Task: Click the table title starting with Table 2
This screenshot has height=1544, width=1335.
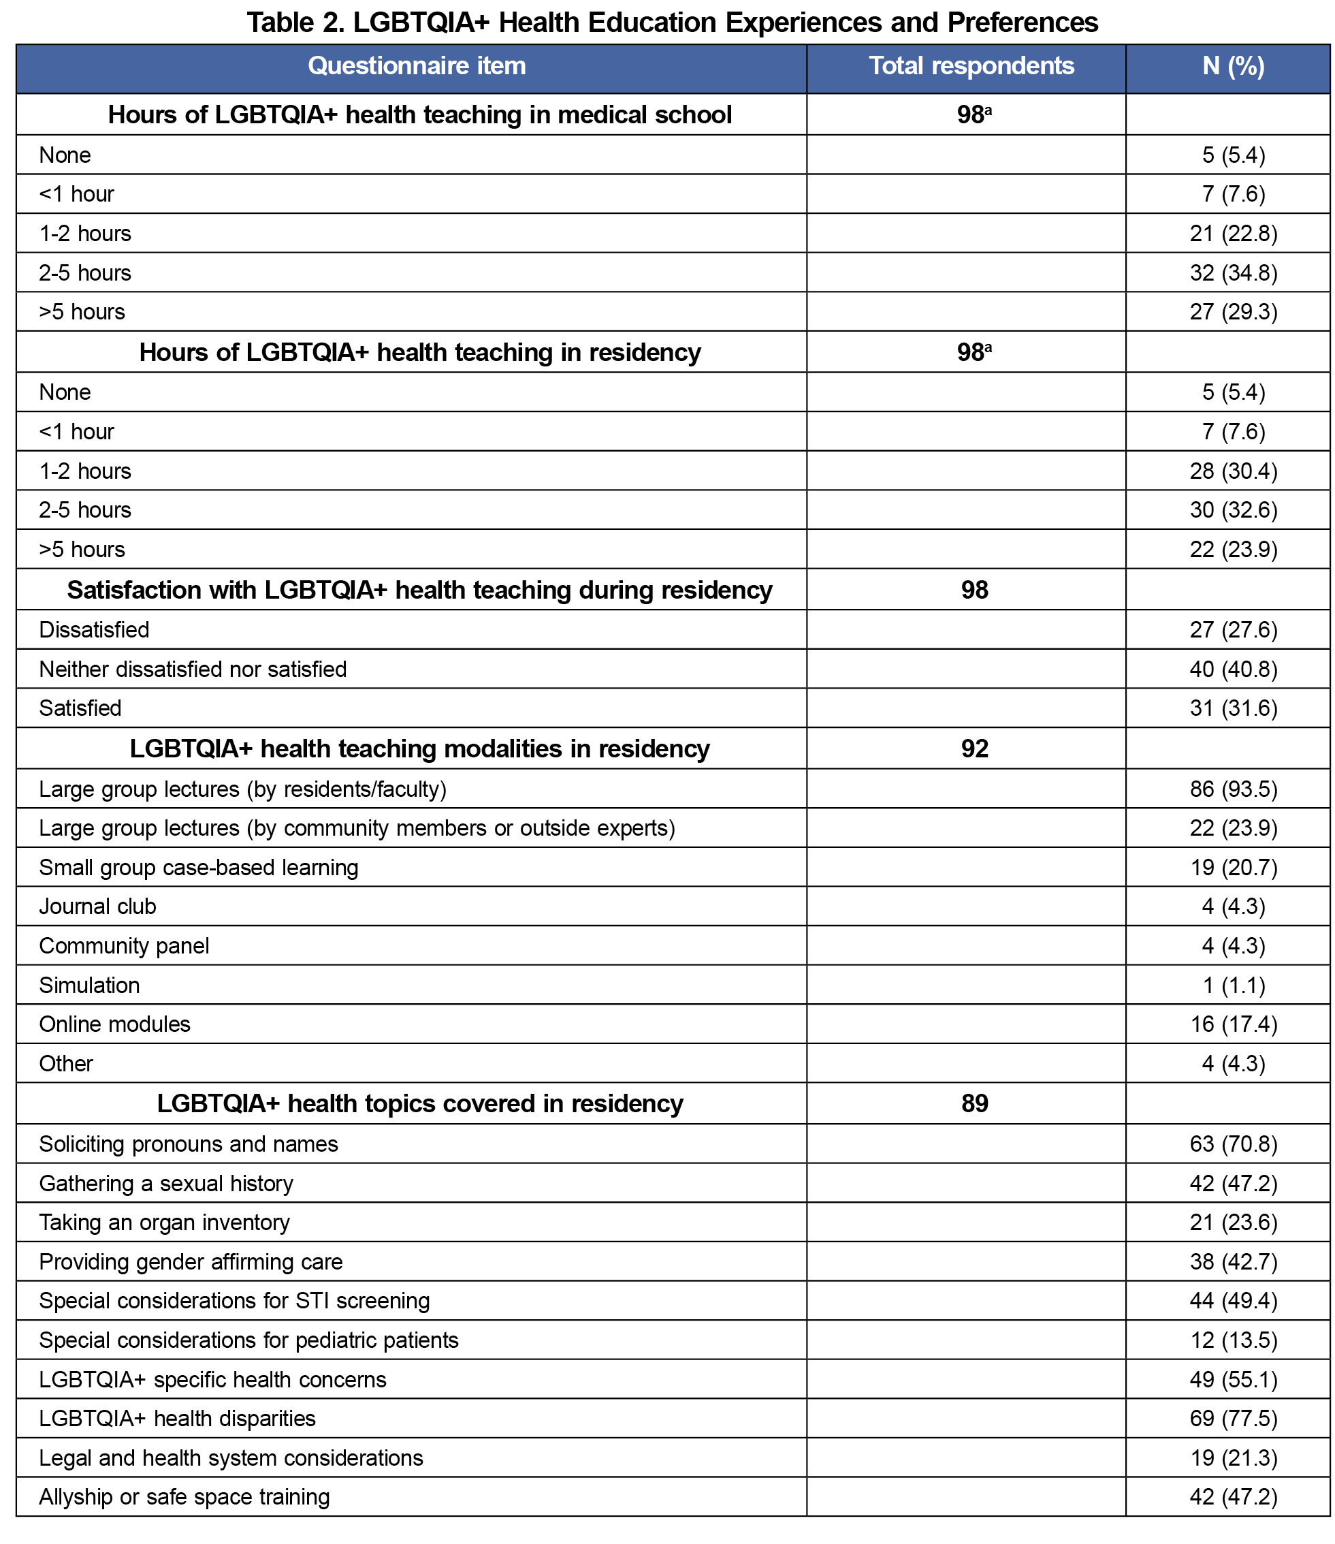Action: (672, 22)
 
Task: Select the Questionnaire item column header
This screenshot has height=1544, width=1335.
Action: (417, 66)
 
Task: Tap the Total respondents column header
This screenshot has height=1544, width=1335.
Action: (971, 66)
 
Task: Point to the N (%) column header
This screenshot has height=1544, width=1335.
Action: (1233, 66)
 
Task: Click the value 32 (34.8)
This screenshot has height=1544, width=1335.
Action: (1233, 272)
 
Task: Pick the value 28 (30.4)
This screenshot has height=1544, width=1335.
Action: (1233, 471)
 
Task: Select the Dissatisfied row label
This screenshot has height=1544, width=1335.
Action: (94, 630)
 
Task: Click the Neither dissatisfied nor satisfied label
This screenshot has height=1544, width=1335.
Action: (192, 669)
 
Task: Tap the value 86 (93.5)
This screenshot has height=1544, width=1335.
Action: (1233, 789)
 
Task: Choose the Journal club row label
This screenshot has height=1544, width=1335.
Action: (97, 906)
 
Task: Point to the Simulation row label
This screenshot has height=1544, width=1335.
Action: (89, 985)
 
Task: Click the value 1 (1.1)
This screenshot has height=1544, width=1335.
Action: (1233, 985)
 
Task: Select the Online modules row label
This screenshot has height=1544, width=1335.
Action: (115, 1024)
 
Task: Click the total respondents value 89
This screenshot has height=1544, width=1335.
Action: (974, 1103)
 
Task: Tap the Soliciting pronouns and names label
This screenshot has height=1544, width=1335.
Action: (189, 1144)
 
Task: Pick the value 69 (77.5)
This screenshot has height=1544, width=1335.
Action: (1233, 1418)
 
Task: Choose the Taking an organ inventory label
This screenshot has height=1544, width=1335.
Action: (164, 1222)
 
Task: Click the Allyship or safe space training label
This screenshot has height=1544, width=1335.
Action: (184, 1496)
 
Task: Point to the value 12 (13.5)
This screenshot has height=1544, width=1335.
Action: (1233, 1340)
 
